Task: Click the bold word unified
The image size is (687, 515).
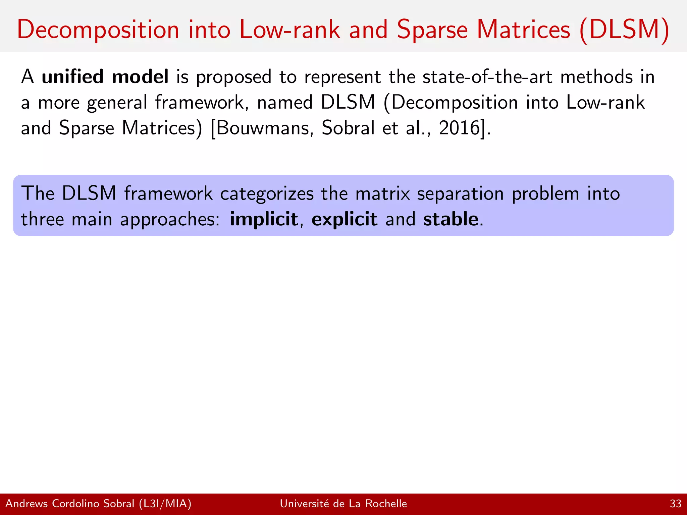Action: [72, 76]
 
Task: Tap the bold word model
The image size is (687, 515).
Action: [140, 76]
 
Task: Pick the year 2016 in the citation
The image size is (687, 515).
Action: [460, 128]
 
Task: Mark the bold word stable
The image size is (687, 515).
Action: [451, 219]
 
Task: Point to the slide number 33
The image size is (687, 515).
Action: [675, 504]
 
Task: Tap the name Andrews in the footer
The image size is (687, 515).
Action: [27, 504]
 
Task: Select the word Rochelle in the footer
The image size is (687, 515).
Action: [386, 504]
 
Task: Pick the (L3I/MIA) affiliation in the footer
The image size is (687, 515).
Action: [165, 504]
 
